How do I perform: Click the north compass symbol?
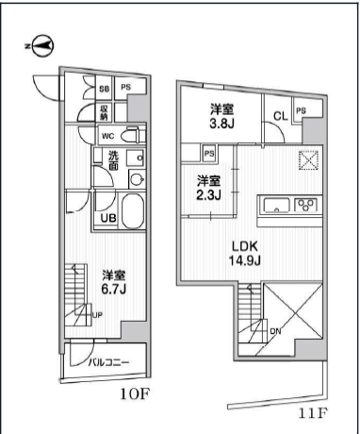tap(41, 46)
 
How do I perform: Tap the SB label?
tap(105, 89)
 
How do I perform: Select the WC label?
tap(107, 137)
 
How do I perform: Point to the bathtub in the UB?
tap(133, 210)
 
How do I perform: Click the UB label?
tap(108, 218)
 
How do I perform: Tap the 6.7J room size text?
tap(113, 289)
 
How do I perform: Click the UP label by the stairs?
tap(97, 315)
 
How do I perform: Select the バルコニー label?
tap(108, 362)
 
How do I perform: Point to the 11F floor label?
tap(313, 412)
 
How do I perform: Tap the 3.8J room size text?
tap(221, 124)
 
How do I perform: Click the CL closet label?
tap(281, 117)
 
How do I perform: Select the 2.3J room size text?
tap(209, 195)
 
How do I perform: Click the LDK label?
tap(245, 246)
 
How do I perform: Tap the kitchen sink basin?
tap(276, 206)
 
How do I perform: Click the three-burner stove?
tap(305, 205)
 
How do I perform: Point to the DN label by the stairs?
tap(275, 331)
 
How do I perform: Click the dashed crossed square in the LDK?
tap(308, 160)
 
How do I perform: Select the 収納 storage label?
tap(104, 113)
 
